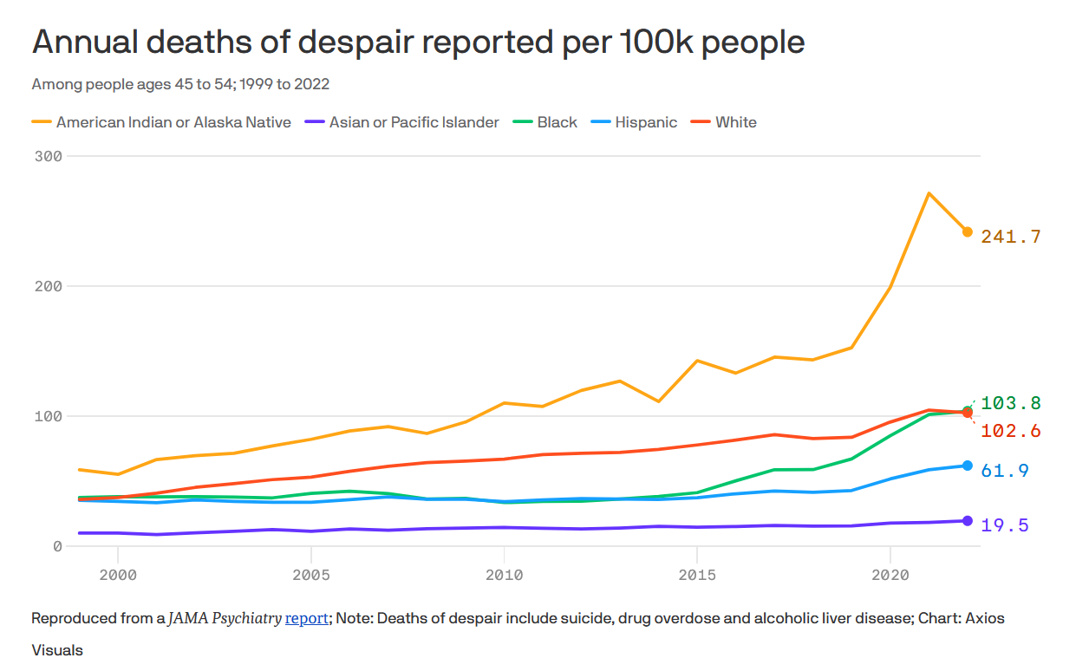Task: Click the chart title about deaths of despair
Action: click(418, 42)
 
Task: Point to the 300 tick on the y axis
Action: click(49, 156)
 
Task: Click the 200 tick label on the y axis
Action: click(49, 286)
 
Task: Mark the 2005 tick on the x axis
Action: click(310, 575)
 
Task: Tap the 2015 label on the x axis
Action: click(696, 575)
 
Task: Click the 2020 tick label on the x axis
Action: click(890, 575)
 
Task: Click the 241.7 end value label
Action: click(1011, 237)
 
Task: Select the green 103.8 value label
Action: click(1011, 403)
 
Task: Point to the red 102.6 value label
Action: click(1011, 431)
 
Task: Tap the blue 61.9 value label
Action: click(1006, 471)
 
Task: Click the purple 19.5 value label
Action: click(1006, 525)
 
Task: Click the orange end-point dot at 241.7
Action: click(967, 231)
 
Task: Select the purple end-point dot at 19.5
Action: click(967, 520)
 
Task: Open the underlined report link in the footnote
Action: click(306, 618)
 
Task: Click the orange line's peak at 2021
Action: click(929, 192)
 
